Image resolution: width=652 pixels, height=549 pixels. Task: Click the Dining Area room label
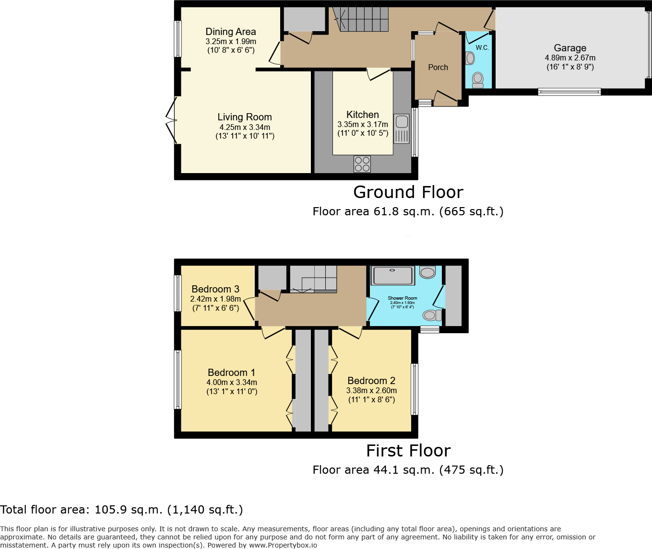tap(231, 32)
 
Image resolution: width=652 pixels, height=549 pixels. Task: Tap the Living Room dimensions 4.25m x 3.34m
tap(245, 127)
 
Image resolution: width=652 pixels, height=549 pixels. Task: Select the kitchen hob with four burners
tap(362, 164)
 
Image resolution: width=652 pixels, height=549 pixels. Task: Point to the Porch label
tap(438, 68)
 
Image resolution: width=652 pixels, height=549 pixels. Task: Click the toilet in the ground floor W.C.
tap(478, 80)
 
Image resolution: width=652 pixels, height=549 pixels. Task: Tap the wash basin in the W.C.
tap(470, 58)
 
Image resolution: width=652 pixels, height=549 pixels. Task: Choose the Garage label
tap(570, 48)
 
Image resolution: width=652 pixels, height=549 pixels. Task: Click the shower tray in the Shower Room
tap(393, 275)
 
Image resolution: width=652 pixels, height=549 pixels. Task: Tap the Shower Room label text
tap(402, 298)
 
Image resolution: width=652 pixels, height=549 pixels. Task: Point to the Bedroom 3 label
tap(215, 289)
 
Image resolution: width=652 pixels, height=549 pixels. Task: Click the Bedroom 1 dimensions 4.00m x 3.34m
tap(232, 383)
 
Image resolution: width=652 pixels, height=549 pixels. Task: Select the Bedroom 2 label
tap(371, 381)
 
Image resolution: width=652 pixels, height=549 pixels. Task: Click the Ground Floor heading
tap(408, 192)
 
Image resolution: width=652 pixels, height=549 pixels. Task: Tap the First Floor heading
tap(408, 451)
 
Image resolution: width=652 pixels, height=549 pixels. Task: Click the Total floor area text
tap(121, 510)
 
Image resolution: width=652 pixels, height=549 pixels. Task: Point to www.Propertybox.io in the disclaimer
tap(283, 545)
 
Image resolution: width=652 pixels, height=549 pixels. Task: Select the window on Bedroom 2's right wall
tap(415, 389)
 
